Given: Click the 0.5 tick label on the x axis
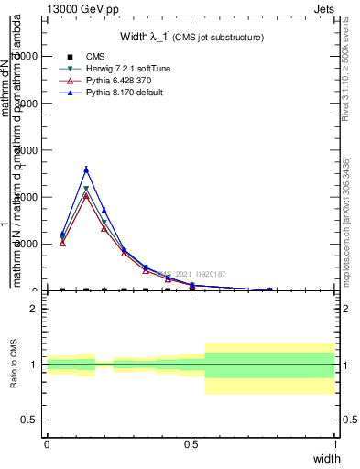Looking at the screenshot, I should pyautogui.click(x=191, y=444).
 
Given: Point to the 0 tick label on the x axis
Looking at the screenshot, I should pyautogui.click(x=46, y=444).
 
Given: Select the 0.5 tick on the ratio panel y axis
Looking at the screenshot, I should pyautogui.click(x=30, y=420).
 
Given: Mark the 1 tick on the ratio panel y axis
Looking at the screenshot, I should pyautogui.click(x=35, y=365).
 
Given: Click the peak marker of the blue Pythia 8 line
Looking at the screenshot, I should pyautogui.click(x=86, y=169).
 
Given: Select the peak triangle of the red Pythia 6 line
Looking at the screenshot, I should pyautogui.click(x=86, y=195).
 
